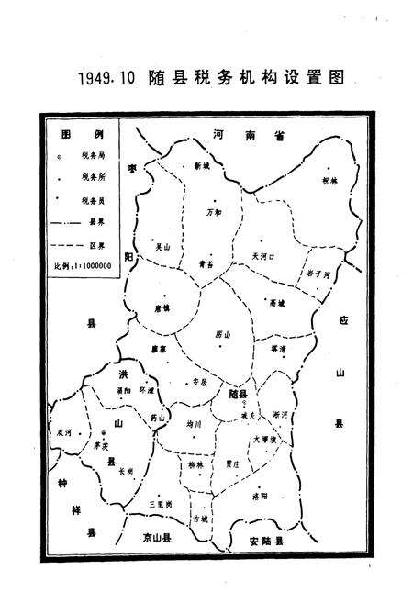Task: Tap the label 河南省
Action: tap(246, 135)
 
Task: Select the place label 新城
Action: tap(202, 166)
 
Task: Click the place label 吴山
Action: tap(162, 246)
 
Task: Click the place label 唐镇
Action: tap(162, 308)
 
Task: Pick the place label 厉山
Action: tap(220, 333)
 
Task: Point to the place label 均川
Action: tap(193, 424)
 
